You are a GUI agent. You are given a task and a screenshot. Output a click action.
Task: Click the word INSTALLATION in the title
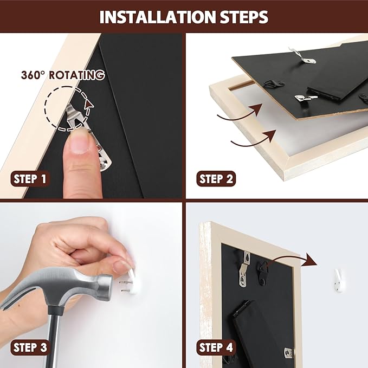tap(158, 17)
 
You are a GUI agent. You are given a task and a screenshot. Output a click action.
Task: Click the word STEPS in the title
tap(244, 17)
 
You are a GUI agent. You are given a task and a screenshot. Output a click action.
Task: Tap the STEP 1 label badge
tap(30, 179)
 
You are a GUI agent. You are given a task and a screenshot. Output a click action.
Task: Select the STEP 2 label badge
tap(216, 179)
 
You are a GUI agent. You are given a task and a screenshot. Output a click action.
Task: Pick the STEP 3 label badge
tap(30, 347)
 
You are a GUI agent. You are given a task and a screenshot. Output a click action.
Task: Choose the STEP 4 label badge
tap(216, 347)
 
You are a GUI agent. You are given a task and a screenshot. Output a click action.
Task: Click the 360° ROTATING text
tap(63, 75)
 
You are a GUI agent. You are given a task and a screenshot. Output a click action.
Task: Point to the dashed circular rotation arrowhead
tap(88, 105)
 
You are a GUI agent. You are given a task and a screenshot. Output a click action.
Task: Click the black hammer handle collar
tap(55, 310)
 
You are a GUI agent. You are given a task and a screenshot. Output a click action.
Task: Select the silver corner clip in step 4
tap(289, 353)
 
